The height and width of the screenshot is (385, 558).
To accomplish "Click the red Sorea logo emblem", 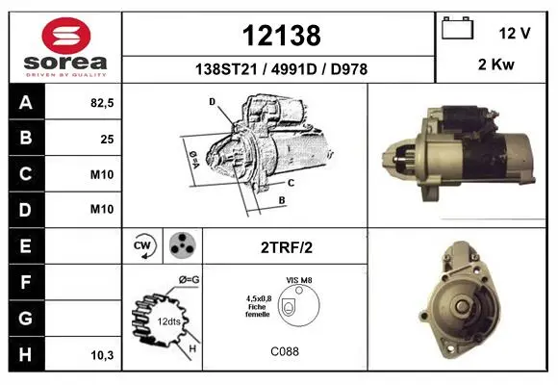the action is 66,36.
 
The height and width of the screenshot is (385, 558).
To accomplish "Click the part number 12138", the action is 282,36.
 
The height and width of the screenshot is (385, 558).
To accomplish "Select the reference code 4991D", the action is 293,69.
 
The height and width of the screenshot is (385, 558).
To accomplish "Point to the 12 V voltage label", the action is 515,33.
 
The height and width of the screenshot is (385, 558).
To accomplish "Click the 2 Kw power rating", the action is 496,64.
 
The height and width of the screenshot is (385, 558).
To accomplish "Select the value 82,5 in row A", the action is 102,103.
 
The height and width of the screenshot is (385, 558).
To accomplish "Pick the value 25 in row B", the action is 107,139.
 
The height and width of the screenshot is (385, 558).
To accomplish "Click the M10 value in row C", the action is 102,174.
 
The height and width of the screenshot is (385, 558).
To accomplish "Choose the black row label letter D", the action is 25,210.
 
